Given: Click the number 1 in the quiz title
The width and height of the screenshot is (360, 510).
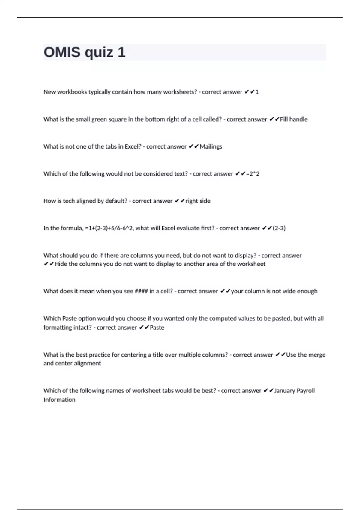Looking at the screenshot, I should coord(121,52).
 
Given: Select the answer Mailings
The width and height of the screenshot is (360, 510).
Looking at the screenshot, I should coord(211,146).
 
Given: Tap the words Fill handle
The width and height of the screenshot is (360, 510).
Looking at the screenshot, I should coord(294,119).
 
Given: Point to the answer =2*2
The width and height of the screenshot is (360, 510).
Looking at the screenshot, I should coord(253,174).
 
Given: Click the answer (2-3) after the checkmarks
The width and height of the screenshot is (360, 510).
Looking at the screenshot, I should coord(279,228).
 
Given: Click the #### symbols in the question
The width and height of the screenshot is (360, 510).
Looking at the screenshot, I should coord(141,291).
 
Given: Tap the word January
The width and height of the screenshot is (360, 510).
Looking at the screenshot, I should coord(285,391).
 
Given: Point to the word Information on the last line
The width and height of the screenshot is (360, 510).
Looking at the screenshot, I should coord(59,400).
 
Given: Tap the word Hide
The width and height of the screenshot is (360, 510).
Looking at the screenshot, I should coord(61,264).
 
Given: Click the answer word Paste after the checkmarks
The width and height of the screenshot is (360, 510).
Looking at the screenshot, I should coord(157,328).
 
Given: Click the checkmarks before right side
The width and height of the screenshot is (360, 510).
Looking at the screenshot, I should coord(180,201).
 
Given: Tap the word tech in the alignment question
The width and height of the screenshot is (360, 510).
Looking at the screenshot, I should coord(69,201).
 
